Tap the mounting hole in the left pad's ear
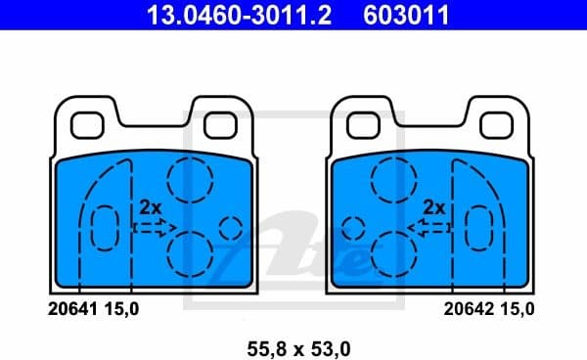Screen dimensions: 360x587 point(91,125)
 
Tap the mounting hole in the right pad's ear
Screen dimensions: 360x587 point(495,125)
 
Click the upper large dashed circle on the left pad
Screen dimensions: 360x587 point(186,177)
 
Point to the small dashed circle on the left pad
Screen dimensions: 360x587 point(231,228)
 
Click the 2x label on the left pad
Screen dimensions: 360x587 point(150,207)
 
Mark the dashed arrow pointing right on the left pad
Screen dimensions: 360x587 point(150,228)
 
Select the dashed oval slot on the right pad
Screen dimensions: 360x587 point(481,231)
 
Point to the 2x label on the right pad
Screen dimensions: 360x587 point(434,207)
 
